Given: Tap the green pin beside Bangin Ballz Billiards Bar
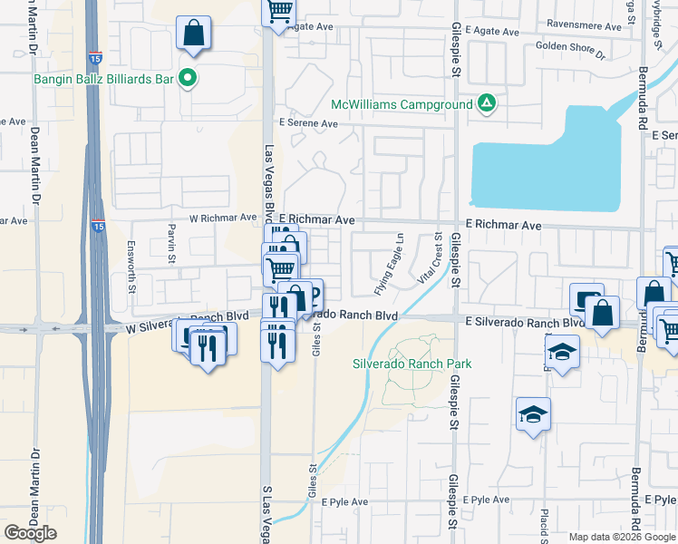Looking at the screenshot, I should click(x=188, y=79).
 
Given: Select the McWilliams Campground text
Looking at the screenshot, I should click(x=402, y=104).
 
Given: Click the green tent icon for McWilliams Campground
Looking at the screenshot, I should click(x=487, y=104).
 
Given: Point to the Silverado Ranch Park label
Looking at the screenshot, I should click(x=412, y=364).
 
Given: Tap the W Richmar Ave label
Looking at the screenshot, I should click(x=223, y=218).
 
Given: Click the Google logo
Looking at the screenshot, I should click(x=30, y=533).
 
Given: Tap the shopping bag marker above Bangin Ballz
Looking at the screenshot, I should click(x=193, y=34).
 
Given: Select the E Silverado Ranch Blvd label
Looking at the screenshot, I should click(x=525, y=323).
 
